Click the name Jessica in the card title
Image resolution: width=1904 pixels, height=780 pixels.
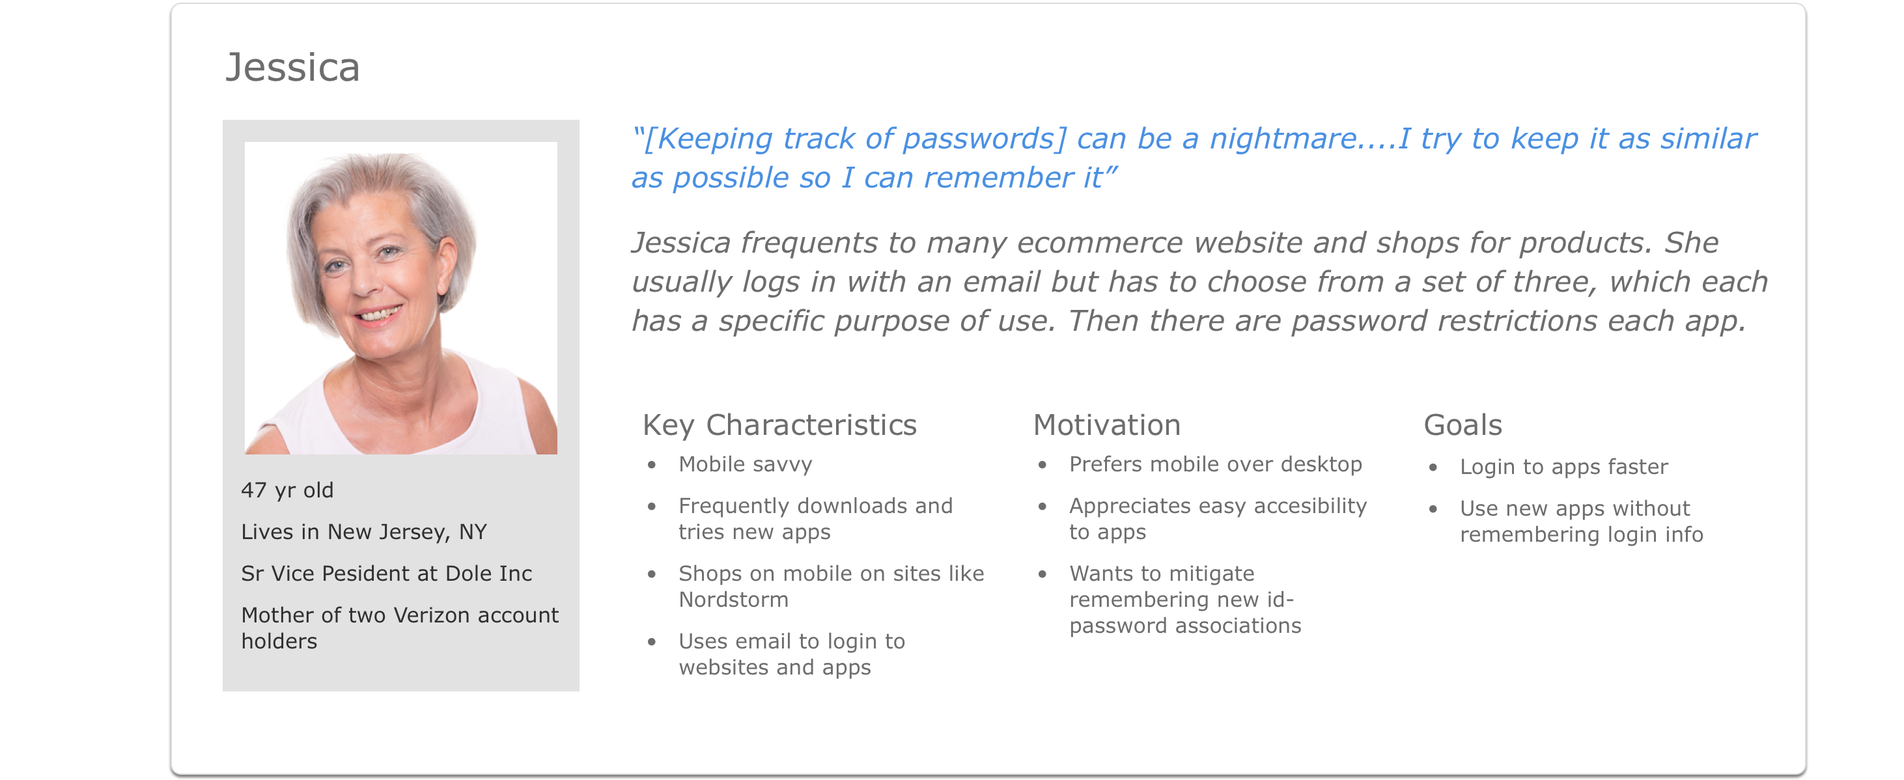[292, 68]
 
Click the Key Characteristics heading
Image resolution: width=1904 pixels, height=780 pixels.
[780, 426]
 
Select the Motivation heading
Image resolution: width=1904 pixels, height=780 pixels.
[1106, 425]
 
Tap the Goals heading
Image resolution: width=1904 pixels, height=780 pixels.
[1463, 425]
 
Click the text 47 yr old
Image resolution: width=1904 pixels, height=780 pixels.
[288, 490]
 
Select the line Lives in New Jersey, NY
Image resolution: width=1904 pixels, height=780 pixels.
[363, 533]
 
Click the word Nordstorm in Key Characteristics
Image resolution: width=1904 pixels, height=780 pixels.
[733, 600]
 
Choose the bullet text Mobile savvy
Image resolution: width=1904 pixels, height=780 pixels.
[745, 464]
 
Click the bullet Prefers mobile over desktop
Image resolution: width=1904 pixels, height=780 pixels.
[1215, 464]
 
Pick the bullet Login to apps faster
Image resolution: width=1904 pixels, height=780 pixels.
[1563, 467]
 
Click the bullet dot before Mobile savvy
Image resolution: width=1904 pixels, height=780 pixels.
[652, 465]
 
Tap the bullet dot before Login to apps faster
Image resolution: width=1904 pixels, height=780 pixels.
[1433, 467]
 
